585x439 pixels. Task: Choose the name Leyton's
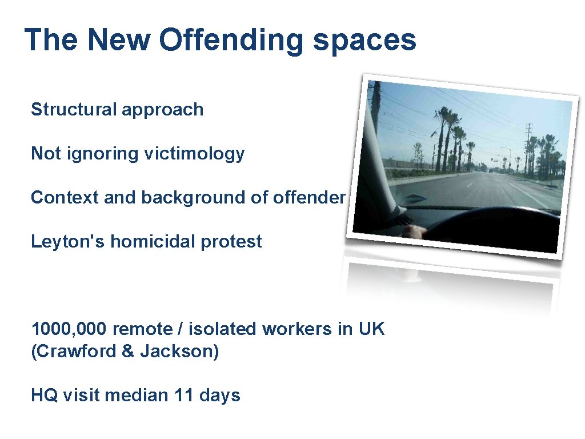[68, 241]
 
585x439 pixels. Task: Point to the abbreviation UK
[372, 329]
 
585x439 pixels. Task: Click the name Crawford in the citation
[75, 351]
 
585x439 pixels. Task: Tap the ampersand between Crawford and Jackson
[128, 351]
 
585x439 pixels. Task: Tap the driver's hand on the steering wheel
[414, 231]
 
